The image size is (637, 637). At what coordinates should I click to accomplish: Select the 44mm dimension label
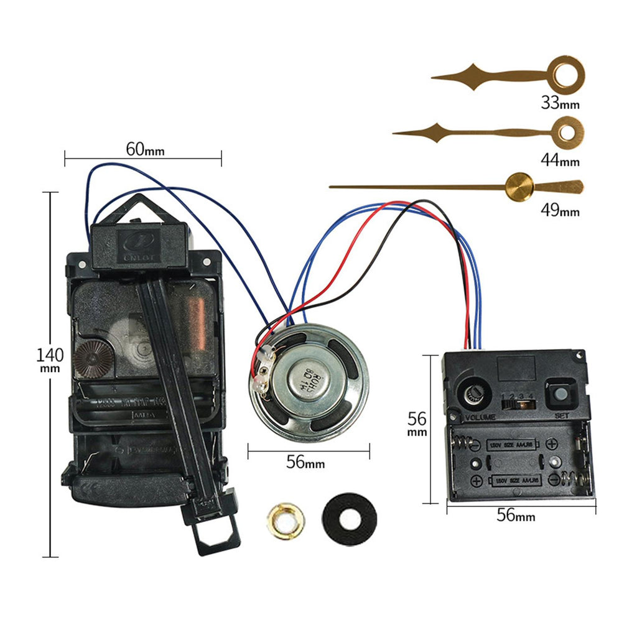pos(560,160)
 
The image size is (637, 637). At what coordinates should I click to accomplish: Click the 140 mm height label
pos(50,359)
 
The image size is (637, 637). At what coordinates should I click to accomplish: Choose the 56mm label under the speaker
pos(305,462)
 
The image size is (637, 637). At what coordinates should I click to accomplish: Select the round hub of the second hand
pos(520,187)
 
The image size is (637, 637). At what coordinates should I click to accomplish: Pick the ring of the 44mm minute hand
pos(567,132)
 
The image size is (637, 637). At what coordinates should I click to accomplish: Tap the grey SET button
pos(560,394)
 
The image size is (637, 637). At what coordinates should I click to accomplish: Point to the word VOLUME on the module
pos(480,417)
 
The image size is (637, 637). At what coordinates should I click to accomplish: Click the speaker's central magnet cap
pos(309,379)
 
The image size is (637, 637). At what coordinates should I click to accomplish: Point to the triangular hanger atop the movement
pos(138,210)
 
